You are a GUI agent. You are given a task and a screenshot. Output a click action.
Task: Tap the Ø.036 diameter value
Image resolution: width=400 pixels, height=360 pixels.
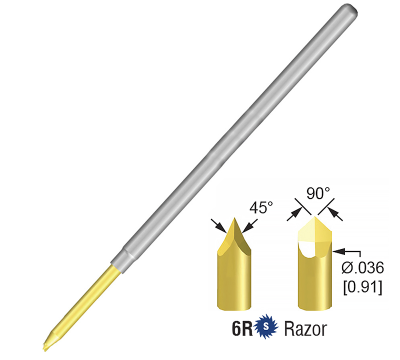[x=364, y=268]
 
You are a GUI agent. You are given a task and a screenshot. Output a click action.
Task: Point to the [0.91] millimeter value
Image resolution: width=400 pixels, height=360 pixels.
[x=363, y=289]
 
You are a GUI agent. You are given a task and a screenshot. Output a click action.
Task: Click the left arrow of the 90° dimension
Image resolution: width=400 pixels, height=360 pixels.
[x=296, y=212]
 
